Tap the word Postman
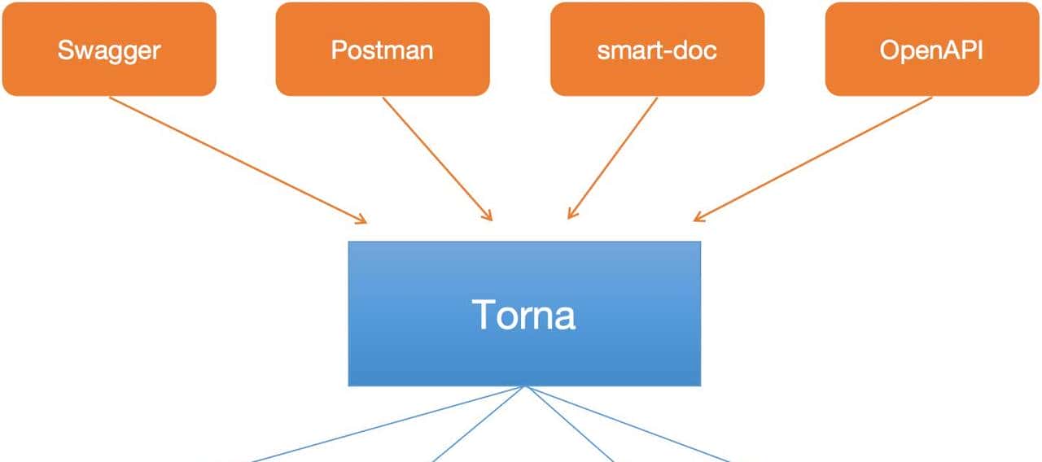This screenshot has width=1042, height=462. click(x=382, y=50)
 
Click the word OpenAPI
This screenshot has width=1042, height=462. click(x=931, y=50)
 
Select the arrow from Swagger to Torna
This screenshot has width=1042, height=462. click(x=236, y=159)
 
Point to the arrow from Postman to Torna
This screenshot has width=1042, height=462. click(x=437, y=159)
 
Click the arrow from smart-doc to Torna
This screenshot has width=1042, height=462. click(x=612, y=159)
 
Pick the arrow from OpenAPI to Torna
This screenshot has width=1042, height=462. click(x=814, y=159)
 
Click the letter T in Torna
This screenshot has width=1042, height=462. click(x=484, y=314)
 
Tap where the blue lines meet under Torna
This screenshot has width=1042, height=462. click(x=527, y=386)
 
